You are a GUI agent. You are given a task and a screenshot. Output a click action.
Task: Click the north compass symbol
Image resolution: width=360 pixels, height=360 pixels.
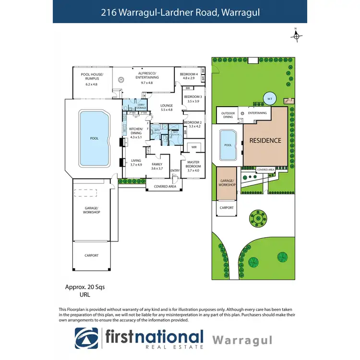(x=297, y=35)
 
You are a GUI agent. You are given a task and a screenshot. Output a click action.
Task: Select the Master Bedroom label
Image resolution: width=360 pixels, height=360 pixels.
(x=193, y=164)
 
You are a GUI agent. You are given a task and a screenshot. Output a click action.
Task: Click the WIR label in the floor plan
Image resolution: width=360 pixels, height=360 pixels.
(x=194, y=146)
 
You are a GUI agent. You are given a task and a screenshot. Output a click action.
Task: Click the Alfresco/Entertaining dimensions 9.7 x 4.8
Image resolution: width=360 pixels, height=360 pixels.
(x=146, y=83)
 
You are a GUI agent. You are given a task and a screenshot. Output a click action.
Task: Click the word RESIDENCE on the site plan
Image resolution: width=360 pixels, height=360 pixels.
(x=264, y=141)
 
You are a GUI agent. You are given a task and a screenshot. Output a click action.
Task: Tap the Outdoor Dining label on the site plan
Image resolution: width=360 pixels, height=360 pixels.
(x=227, y=116)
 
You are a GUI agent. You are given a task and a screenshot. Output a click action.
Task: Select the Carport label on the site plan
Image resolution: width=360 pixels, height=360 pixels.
(x=227, y=208)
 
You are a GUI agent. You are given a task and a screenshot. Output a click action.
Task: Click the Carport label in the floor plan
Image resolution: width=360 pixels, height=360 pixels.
(x=91, y=255)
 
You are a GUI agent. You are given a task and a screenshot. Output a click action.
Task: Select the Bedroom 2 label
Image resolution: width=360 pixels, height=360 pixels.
(x=192, y=123)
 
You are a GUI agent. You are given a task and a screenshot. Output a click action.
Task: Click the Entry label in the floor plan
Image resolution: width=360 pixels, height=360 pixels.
(x=175, y=170)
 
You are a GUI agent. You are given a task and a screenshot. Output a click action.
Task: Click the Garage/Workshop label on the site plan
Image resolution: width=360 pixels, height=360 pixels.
(x=227, y=183)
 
